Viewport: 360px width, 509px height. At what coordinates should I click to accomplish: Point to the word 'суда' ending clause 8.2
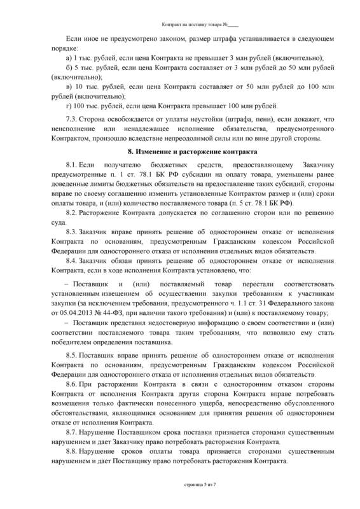(58, 221)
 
